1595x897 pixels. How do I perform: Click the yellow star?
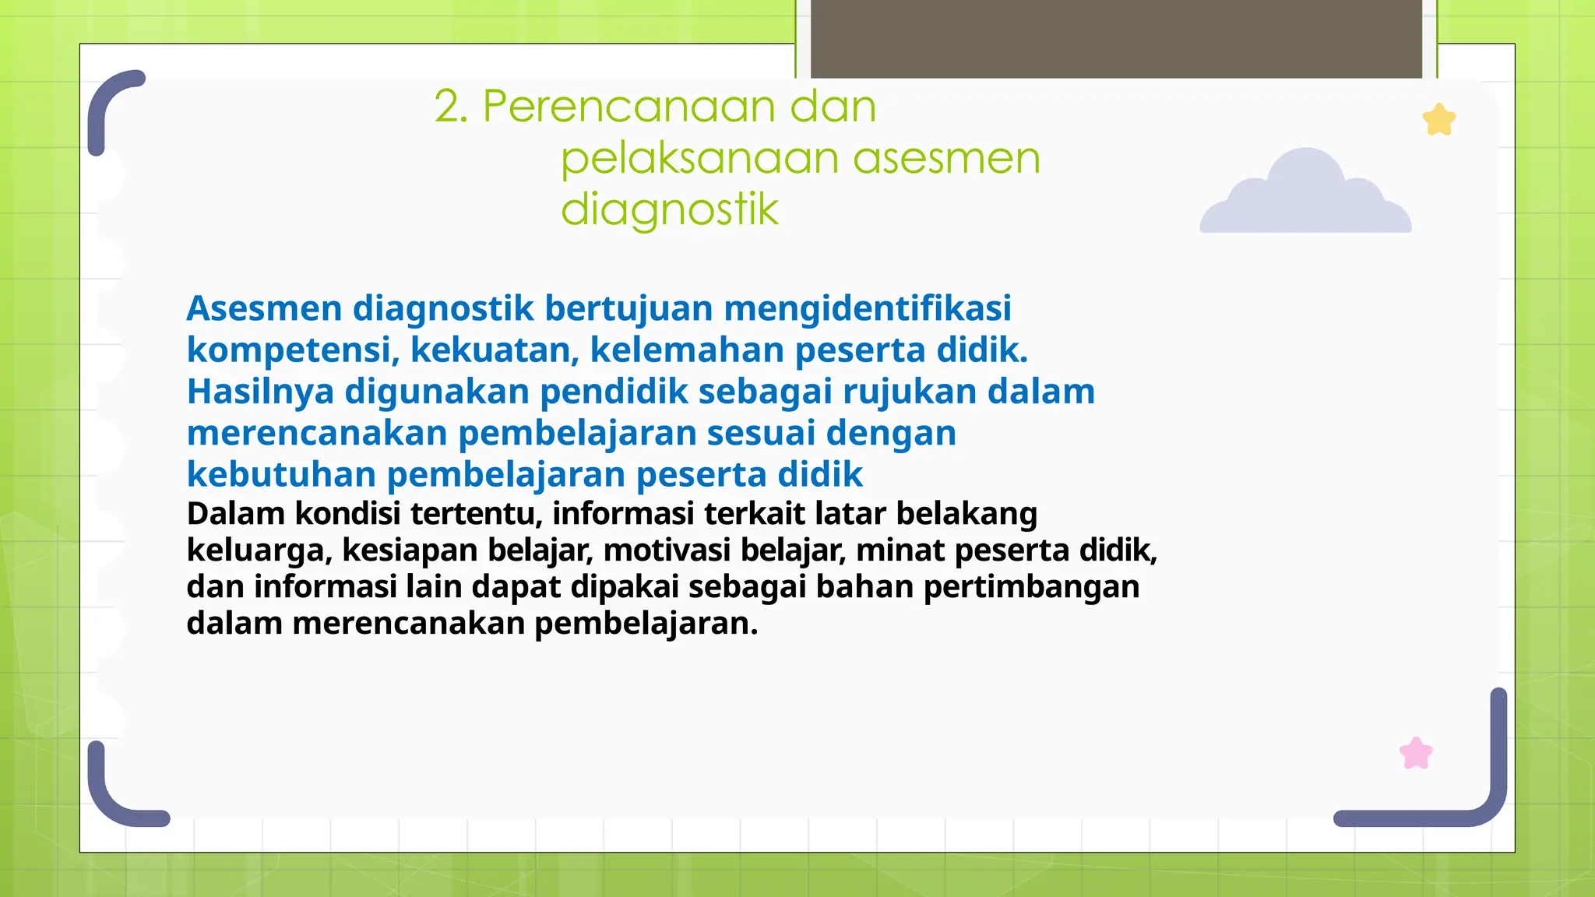tap(1439, 121)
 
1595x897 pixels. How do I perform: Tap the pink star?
tap(1416, 754)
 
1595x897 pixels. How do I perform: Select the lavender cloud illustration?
tap(1306, 195)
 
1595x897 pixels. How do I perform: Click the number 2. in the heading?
tap(452, 107)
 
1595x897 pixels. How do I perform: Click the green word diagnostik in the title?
tap(670, 209)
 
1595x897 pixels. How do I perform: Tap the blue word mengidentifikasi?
tap(867, 308)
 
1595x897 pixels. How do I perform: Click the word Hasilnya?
tap(260, 392)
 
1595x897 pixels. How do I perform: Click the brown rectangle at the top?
tap(1116, 39)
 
